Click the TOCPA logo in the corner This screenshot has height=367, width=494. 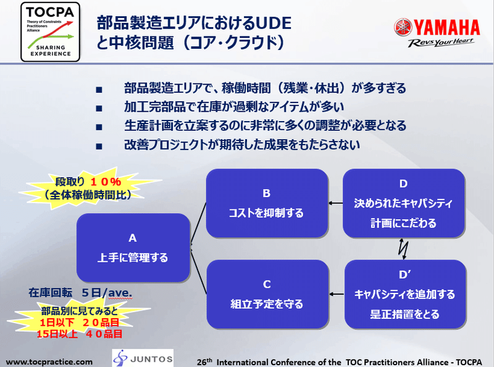(51, 32)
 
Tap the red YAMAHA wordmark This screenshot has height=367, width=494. (446, 27)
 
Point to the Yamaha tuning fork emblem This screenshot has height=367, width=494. (403, 27)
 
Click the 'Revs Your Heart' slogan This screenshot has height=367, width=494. (441, 43)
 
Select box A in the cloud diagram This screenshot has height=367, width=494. (133, 248)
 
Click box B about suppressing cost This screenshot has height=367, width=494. (267, 203)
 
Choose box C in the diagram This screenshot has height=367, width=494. (267, 294)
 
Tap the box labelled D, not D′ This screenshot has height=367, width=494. (404, 203)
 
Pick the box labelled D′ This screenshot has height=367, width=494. (405, 294)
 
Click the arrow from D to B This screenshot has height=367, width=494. (335, 203)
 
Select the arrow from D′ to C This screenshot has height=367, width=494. (337, 294)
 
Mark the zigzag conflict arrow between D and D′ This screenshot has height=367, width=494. (403, 249)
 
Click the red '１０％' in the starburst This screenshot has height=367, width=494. (106, 182)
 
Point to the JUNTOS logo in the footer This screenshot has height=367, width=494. (143, 358)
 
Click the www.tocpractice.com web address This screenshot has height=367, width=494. (49, 362)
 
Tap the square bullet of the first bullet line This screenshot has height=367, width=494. (99, 90)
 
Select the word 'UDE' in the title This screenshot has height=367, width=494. (273, 23)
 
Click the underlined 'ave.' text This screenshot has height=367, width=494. (120, 293)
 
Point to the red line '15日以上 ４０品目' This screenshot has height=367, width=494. (80, 334)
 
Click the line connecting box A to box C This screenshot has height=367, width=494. (198, 271)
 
